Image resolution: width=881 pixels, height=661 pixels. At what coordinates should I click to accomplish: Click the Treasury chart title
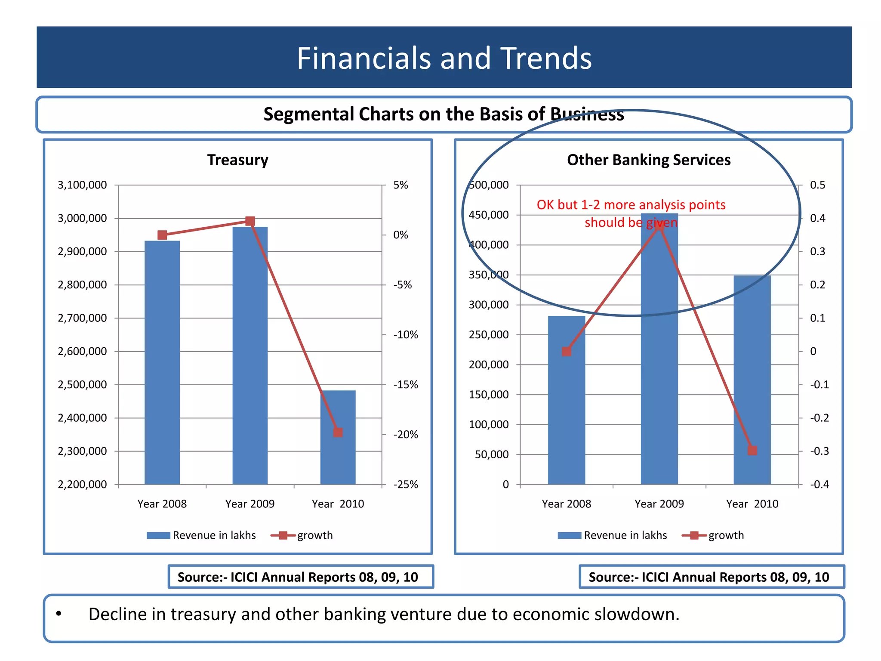click(x=237, y=160)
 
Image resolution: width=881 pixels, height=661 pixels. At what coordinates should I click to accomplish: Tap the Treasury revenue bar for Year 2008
click(x=162, y=361)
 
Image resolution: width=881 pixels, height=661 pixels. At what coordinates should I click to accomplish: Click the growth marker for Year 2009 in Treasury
click(x=250, y=221)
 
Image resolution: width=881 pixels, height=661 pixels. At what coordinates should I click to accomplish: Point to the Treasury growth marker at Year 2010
click(x=338, y=432)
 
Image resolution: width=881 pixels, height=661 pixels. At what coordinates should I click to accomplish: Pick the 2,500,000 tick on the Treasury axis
click(x=82, y=384)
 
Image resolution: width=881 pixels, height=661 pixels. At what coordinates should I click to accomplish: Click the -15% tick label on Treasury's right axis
click(x=405, y=384)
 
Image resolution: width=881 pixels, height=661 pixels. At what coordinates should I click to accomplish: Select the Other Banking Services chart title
click(x=648, y=160)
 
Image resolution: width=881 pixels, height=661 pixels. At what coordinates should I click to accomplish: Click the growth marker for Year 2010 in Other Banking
click(x=752, y=451)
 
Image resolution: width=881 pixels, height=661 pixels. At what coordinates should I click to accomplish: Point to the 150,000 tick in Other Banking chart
click(x=488, y=394)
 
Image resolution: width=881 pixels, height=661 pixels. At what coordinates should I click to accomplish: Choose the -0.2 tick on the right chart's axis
click(x=819, y=418)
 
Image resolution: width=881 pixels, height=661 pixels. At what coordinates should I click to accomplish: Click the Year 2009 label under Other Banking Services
click(x=659, y=503)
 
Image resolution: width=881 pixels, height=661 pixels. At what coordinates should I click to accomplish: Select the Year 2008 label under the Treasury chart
click(x=162, y=503)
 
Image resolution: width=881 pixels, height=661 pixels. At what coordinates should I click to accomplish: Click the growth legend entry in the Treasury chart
click(x=314, y=535)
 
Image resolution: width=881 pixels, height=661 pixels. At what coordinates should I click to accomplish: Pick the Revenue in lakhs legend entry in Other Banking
click(x=625, y=535)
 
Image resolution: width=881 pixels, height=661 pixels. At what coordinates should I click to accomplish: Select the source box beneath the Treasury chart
click(x=300, y=577)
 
